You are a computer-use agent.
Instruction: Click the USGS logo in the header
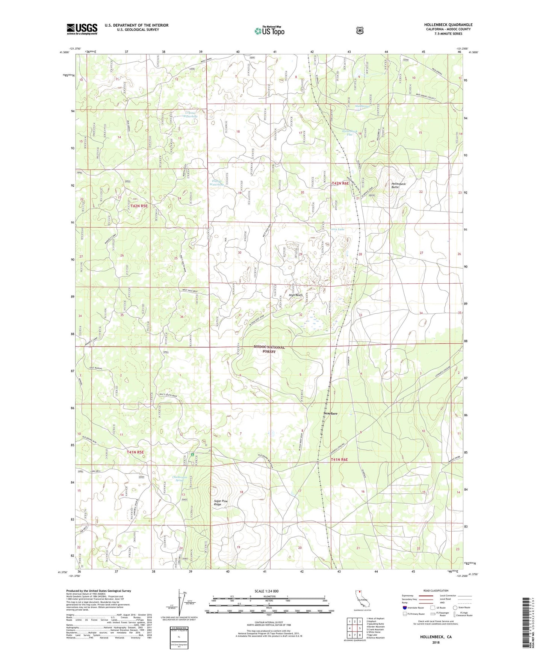coord(82,29)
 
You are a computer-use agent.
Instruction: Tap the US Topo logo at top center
coord(269,30)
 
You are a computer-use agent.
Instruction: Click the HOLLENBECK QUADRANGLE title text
coord(448,25)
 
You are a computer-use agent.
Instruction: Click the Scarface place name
coord(330,413)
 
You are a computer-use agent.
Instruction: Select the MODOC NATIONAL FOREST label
coord(269,349)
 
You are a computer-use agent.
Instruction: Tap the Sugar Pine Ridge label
coord(221,503)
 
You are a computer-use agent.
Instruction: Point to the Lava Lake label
coord(337,229)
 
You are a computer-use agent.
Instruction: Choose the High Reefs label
coord(296,295)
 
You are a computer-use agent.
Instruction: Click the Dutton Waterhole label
coord(216,183)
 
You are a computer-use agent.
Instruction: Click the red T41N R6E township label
coord(339,460)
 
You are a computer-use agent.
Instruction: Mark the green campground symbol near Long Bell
coord(192,454)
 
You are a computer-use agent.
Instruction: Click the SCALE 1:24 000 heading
coord(266,591)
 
